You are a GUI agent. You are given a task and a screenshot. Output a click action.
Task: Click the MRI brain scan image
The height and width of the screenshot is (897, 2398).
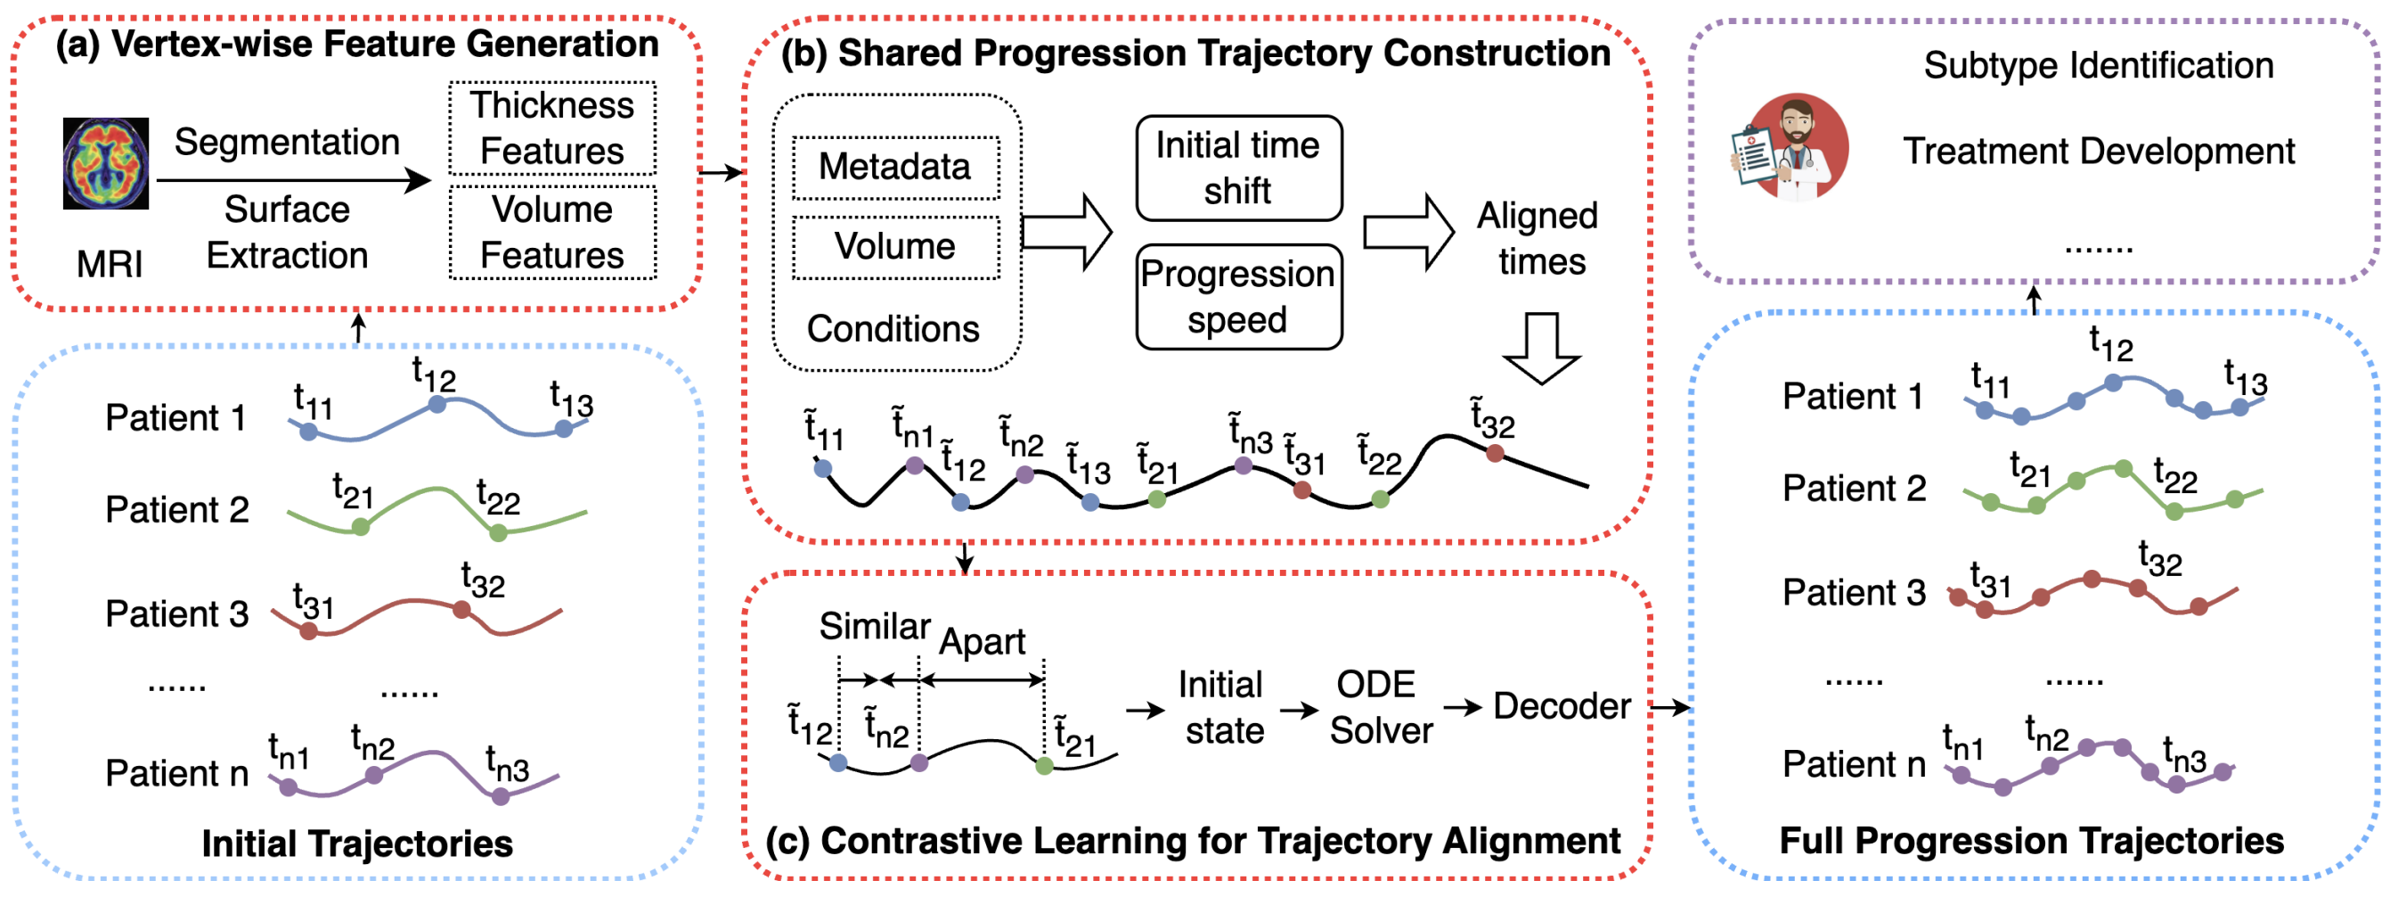[105, 163]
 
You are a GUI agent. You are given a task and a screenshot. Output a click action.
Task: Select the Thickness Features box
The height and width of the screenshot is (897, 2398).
[552, 128]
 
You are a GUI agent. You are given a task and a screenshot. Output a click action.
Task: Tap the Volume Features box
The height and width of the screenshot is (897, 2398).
[552, 232]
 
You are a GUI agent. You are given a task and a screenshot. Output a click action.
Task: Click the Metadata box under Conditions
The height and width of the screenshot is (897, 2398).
[895, 168]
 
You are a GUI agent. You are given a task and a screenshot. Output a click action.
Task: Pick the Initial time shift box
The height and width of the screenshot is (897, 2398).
[1238, 169]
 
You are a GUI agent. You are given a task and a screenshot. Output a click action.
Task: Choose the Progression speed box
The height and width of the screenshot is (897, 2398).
[1238, 297]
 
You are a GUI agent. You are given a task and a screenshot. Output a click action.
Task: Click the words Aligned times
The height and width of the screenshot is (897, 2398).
[1538, 238]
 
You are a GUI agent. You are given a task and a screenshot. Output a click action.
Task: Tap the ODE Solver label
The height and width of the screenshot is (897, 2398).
[1380, 708]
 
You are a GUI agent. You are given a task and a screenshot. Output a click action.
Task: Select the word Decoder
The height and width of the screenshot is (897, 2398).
[1562, 706]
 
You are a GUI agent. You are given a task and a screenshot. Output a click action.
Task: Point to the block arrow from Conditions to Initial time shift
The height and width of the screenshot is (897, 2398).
[1067, 232]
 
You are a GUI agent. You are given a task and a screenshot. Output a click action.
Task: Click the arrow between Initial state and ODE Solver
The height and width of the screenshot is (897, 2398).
[1300, 711]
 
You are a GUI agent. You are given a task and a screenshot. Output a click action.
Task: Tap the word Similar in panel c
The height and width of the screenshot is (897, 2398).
[874, 626]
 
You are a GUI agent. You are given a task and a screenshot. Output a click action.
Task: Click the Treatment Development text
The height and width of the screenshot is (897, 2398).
[2099, 151]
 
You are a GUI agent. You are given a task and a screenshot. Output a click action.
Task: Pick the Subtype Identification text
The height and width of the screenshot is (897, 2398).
[2099, 66]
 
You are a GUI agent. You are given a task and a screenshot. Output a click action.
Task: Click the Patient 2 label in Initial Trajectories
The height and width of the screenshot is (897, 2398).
[177, 509]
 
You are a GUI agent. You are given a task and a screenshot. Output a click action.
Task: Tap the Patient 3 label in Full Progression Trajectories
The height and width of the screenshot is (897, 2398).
[1854, 592]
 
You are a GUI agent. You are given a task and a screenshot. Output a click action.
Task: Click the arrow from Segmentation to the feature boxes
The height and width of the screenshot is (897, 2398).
[293, 181]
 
